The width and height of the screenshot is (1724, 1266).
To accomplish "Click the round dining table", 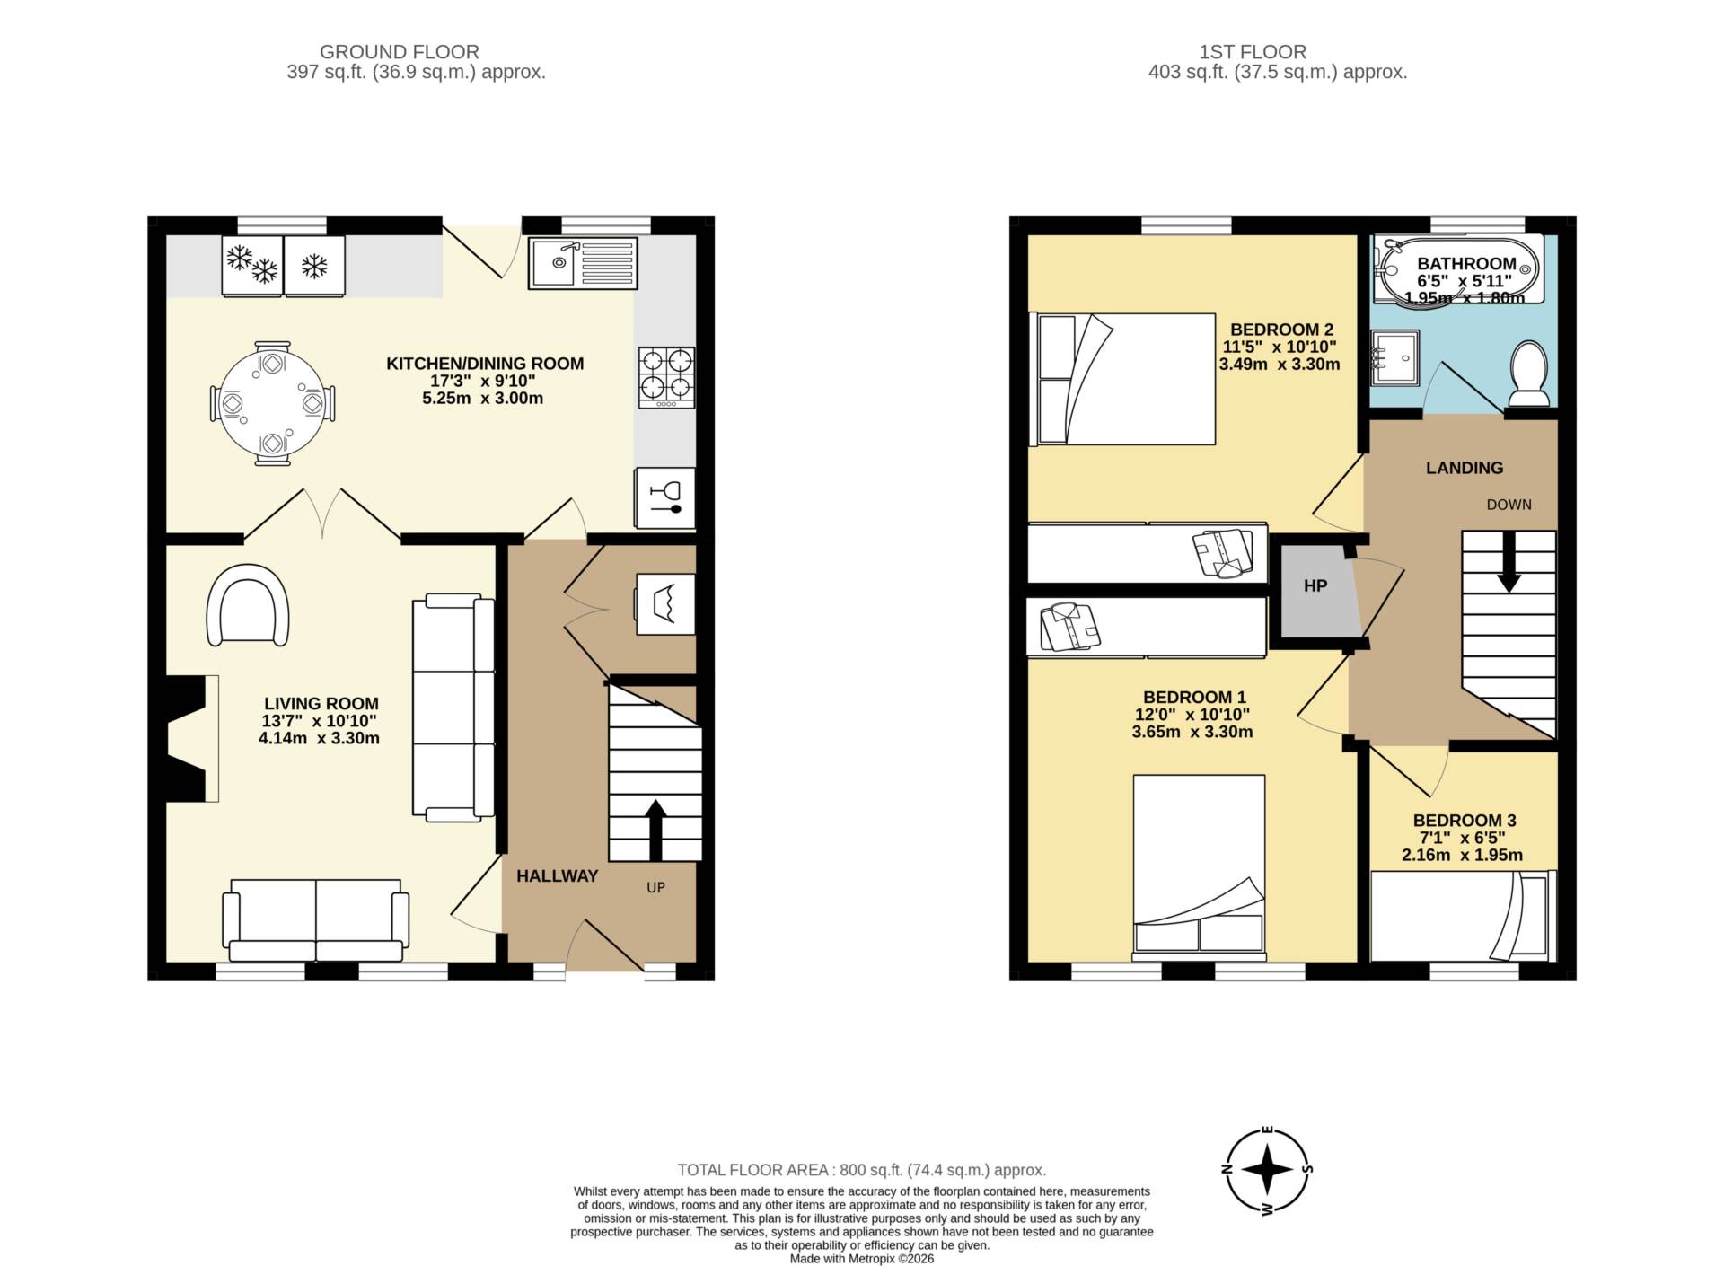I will pos(272,403).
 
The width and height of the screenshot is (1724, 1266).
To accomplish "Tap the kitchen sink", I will pos(582,262).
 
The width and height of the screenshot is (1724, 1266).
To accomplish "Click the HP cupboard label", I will pos(1315,586).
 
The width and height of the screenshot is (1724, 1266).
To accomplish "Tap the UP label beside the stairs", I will pos(655,887).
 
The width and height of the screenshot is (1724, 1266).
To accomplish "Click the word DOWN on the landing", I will pos(1508,505).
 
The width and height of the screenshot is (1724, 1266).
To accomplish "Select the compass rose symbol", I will pos(1267,1170).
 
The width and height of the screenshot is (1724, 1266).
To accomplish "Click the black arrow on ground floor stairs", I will pos(655,829).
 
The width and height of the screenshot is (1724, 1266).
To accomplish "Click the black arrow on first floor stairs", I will pos(1508,562).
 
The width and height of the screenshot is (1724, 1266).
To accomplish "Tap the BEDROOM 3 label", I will pos(1464,821).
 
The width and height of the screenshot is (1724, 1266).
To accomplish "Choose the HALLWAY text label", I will pos(557,876).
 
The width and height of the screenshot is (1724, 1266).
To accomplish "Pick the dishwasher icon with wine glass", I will pos(665,498).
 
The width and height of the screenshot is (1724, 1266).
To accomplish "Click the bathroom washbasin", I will pos(1394,358).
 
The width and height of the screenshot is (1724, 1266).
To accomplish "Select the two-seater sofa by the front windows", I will pos(315,919).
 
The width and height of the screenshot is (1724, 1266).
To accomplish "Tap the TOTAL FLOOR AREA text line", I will pos(861,1170).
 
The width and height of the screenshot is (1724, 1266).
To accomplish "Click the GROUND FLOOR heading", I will pos(399,52).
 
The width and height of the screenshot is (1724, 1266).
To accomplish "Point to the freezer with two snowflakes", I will pos(252,265).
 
